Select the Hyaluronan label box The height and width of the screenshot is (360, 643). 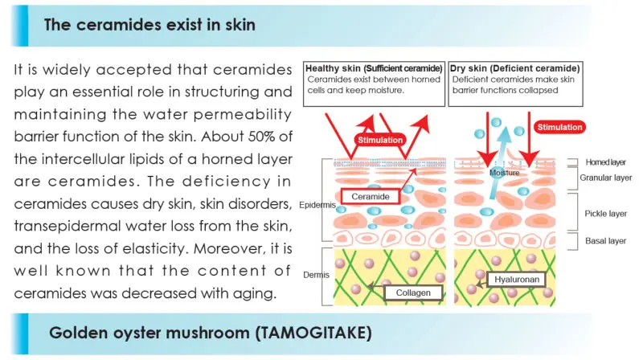513,280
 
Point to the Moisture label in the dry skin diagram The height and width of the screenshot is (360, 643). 505,172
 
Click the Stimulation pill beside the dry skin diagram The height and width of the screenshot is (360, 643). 559,127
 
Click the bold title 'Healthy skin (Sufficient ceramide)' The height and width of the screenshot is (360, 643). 373,68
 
